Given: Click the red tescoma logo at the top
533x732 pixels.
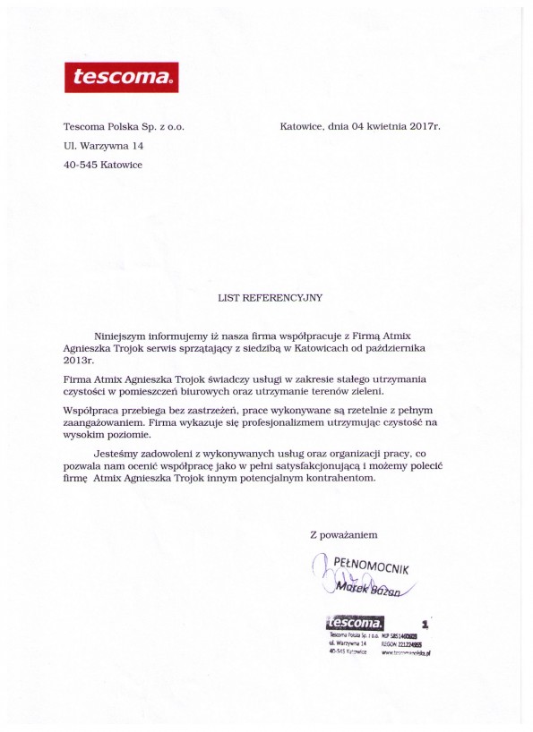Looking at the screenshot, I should (121, 77).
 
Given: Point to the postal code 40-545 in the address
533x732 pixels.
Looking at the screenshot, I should (80, 165).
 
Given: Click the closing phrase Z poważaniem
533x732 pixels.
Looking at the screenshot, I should (343, 534).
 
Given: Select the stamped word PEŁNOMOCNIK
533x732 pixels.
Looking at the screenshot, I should (371, 566).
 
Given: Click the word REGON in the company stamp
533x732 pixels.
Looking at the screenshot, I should (391, 643).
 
